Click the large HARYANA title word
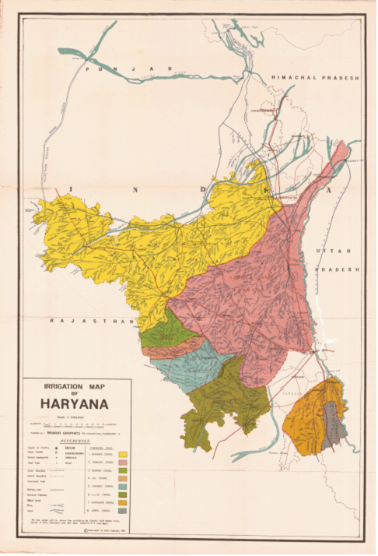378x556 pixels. coord(75,405)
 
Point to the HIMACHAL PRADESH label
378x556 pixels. coord(316,79)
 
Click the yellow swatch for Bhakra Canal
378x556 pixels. coord(123,454)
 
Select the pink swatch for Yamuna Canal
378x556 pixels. coord(123,464)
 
